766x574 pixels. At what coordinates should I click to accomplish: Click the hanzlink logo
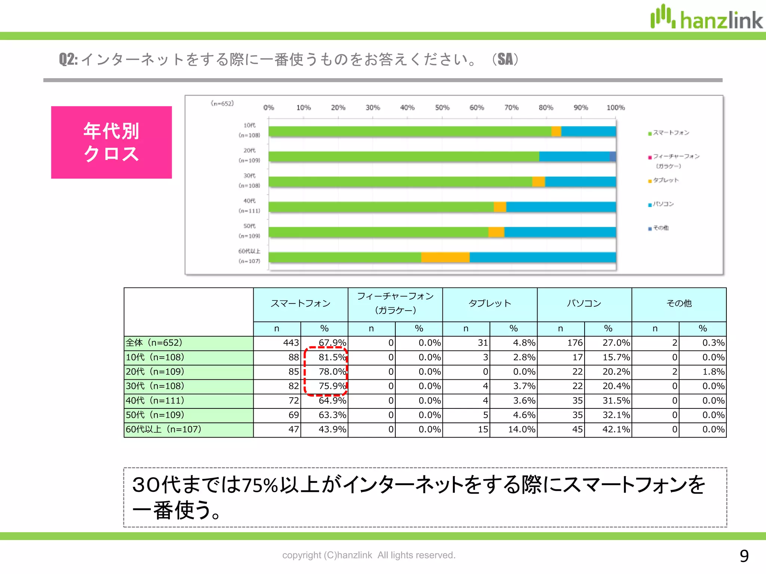(x=706, y=18)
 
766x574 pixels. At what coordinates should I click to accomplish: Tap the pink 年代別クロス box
(x=111, y=142)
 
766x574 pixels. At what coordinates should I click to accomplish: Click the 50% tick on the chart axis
(x=442, y=108)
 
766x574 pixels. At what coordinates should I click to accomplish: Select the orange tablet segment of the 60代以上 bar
(x=445, y=257)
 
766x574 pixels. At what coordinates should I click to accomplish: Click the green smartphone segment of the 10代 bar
(x=410, y=132)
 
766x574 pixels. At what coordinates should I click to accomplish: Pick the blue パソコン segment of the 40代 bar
(x=561, y=207)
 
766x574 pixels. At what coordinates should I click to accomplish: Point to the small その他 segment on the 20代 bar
(x=613, y=157)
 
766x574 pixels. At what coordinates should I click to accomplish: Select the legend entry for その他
(x=661, y=228)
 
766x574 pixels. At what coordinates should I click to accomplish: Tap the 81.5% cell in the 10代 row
(x=331, y=357)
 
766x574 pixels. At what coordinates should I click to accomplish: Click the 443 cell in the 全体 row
(x=291, y=343)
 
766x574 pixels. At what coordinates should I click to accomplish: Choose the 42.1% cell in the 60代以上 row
(x=616, y=429)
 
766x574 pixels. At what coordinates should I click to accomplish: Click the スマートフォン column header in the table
(x=300, y=303)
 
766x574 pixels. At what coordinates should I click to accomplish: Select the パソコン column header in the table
(x=584, y=303)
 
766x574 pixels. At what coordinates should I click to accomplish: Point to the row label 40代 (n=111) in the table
(x=155, y=401)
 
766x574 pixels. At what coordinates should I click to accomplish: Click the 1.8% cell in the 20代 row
(x=713, y=372)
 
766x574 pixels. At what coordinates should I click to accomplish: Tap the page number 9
(x=744, y=556)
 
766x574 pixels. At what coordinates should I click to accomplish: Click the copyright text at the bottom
(x=369, y=555)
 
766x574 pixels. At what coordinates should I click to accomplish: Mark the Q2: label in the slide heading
(x=68, y=59)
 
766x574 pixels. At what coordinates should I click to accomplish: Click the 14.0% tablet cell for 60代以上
(x=521, y=429)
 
